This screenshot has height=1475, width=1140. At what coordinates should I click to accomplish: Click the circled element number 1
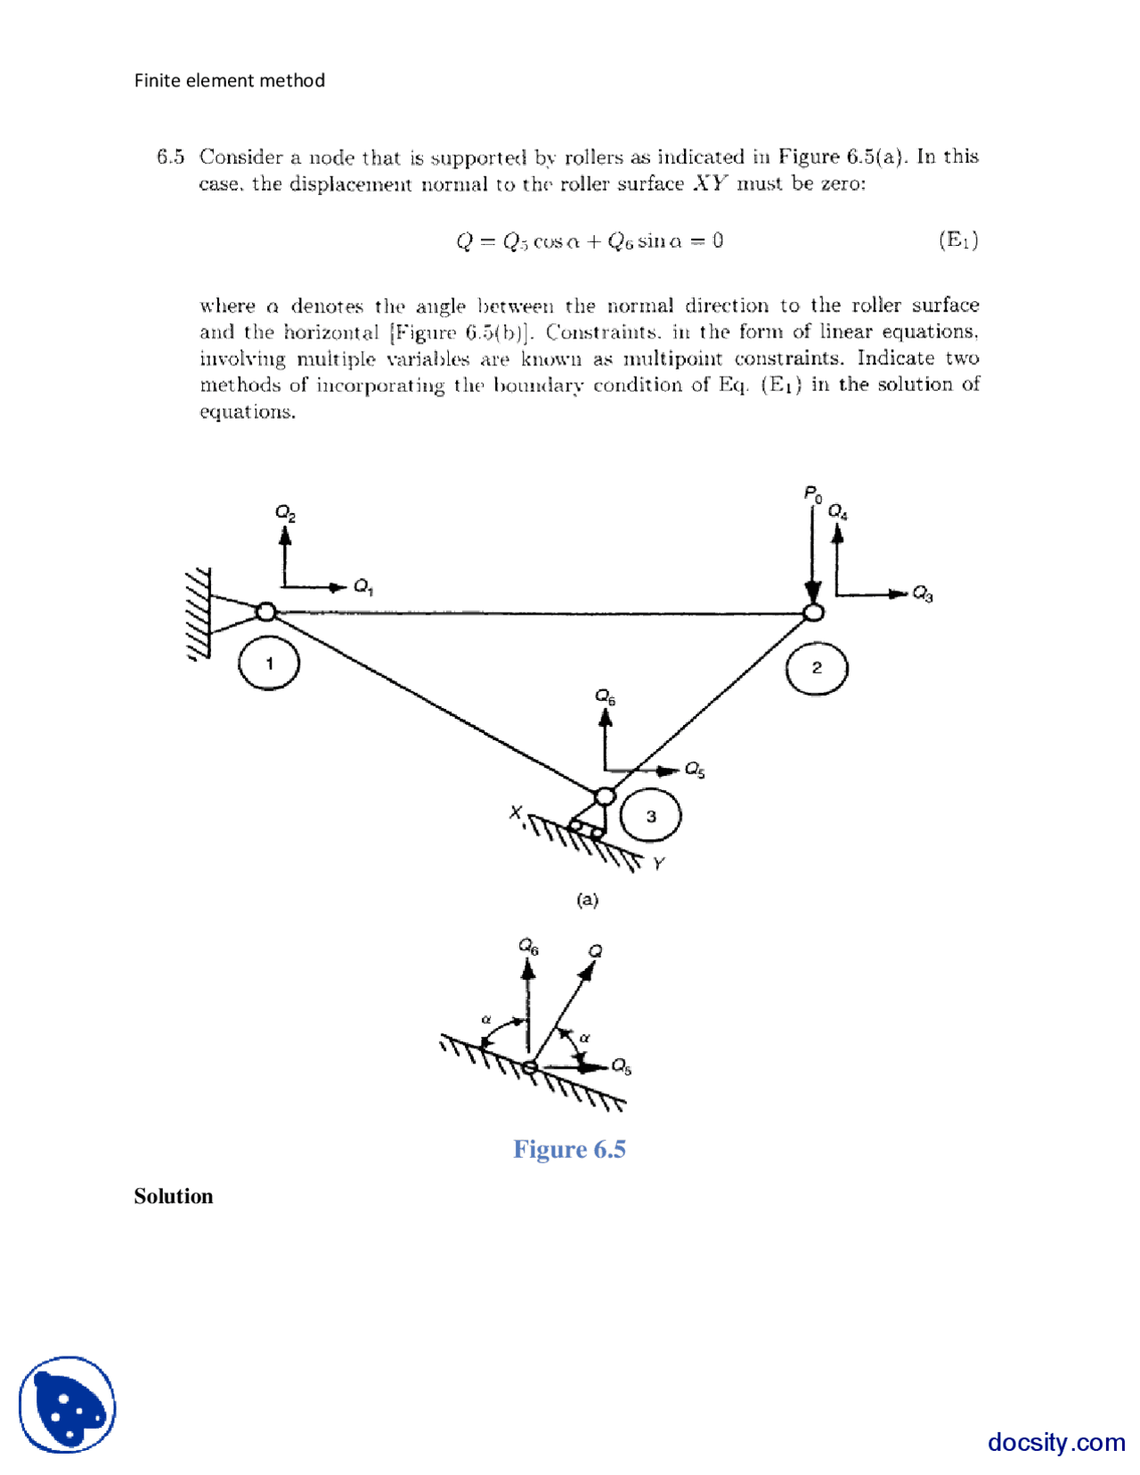(x=269, y=664)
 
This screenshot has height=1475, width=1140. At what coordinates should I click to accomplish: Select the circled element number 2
(x=816, y=668)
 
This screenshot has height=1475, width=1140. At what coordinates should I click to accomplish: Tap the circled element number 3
(x=651, y=816)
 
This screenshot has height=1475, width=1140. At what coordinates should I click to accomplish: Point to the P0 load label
(x=812, y=494)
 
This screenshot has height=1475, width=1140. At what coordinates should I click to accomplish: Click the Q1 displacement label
(x=363, y=586)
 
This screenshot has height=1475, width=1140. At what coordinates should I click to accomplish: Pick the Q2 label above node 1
(x=285, y=513)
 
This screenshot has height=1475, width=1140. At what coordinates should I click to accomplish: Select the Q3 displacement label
(x=923, y=594)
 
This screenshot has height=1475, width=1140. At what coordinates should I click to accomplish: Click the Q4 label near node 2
(x=837, y=511)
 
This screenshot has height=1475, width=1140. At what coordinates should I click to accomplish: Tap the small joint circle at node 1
(x=265, y=612)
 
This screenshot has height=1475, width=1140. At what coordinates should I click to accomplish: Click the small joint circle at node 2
(x=813, y=612)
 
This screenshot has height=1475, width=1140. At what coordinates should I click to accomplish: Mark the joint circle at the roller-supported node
(x=605, y=795)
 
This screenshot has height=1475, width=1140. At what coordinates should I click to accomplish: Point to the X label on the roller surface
(x=516, y=812)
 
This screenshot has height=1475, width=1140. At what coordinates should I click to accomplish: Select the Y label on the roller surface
(x=658, y=863)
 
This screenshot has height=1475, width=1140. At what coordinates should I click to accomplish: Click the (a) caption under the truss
(x=587, y=900)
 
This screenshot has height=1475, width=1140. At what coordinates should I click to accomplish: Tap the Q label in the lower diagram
(x=595, y=951)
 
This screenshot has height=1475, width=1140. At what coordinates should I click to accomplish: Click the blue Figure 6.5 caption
(x=569, y=1149)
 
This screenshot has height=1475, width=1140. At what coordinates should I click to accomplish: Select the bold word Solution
(x=174, y=1196)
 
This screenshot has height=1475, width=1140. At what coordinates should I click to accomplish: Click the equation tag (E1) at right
(x=958, y=240)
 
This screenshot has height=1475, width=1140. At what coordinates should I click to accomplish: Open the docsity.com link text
(x=1056, y=1441)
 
